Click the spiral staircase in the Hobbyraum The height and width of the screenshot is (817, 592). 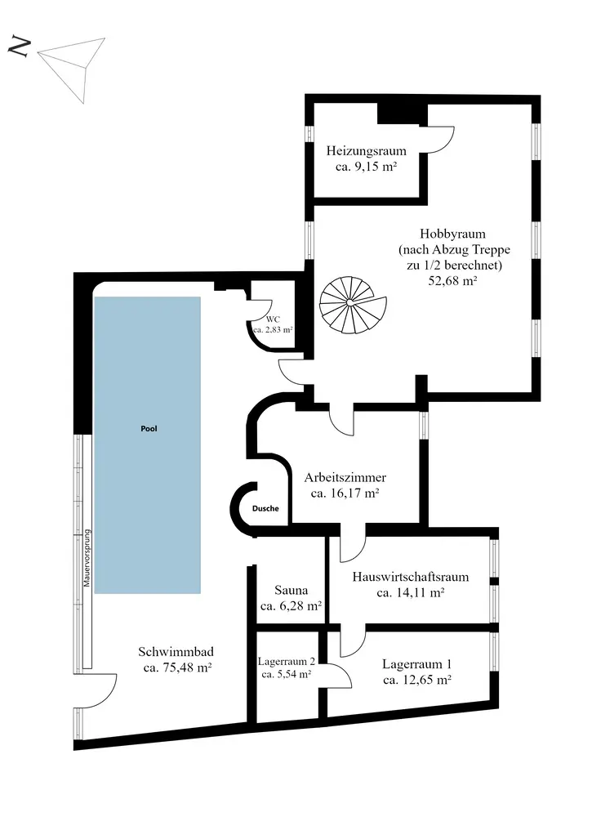click(351, 303)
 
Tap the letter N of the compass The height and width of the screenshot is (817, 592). click(20, 47)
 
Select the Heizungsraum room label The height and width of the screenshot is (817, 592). click(366, 150)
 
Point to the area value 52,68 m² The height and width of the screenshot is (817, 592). click(452, 280)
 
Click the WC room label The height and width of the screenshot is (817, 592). click(271, 319)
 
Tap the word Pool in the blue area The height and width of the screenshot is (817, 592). click(148, 428)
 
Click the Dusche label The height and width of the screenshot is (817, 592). click(265, 508)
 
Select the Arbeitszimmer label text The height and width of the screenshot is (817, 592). click(345, 477)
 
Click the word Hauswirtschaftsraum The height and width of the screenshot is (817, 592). click(411, 577)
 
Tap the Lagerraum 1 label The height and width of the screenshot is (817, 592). click(416, 663)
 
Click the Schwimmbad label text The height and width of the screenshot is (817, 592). click(176, 651)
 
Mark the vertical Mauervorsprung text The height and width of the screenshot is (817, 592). click(87, 560)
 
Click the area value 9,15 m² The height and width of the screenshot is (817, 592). click(366, 167)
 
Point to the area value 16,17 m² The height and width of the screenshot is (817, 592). click(345, 493)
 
